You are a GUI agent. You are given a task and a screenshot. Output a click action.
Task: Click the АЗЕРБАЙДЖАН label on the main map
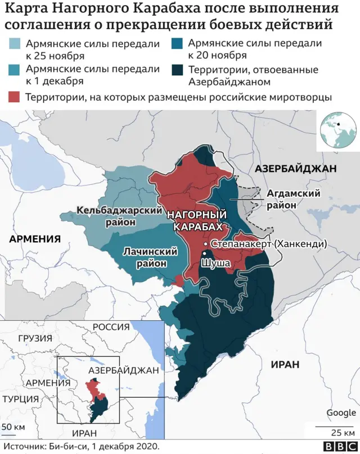(x=295, y=169)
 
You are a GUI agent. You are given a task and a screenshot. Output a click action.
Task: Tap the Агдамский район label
(x=292, y=199)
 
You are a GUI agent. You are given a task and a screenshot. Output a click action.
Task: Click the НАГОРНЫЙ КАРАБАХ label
(x=197, y=220)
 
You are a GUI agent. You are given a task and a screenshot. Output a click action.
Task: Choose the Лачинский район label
(x=145, y=257)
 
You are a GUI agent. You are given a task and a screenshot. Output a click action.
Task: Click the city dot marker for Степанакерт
(x=205, y=244)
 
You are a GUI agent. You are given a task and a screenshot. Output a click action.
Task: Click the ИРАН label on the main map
(x=285, y=364)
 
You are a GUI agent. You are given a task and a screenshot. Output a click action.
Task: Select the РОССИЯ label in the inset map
(x=111, y=327)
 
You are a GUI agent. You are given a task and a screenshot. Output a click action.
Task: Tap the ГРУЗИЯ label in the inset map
(x=35, y=338)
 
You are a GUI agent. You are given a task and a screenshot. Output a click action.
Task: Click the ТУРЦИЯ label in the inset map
(x=20, y=398)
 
